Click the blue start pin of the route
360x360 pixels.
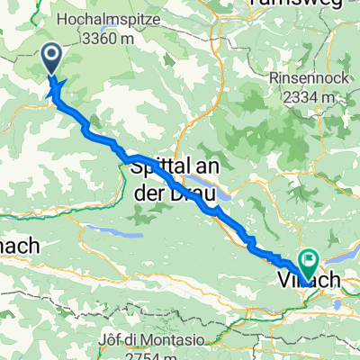(50, 59)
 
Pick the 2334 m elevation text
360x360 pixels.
(304, 96)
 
